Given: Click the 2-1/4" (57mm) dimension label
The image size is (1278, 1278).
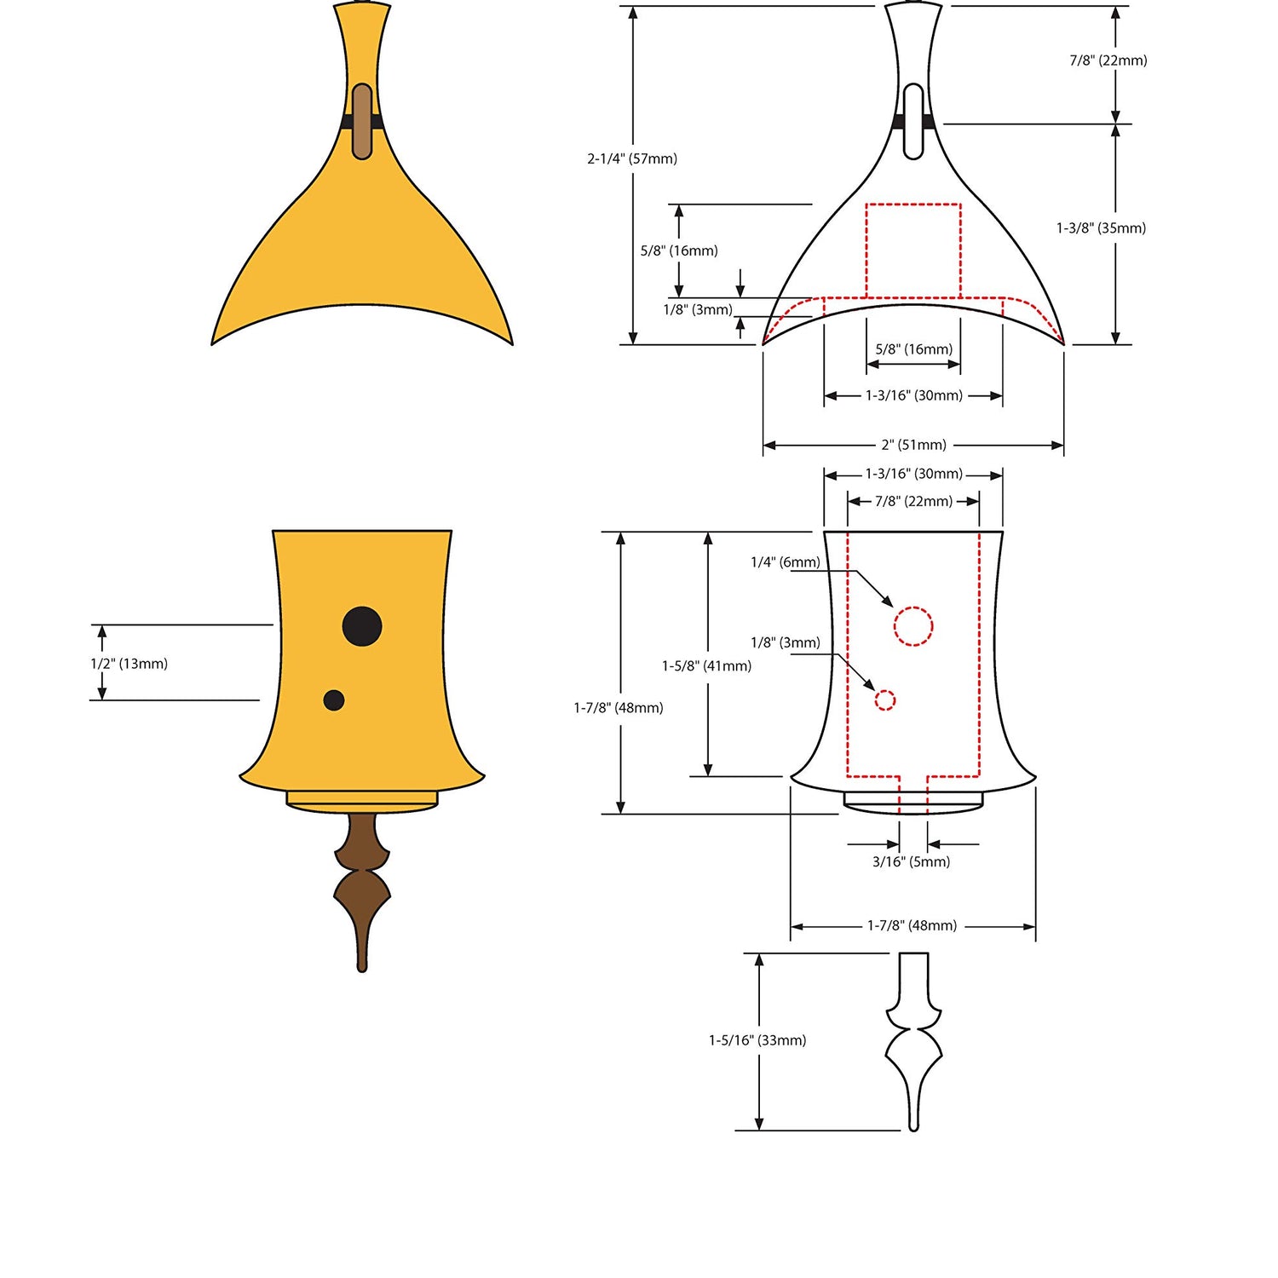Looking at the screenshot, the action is click(x=632, y=158).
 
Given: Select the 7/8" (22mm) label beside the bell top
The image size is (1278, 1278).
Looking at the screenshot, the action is click(x=1108, y=60).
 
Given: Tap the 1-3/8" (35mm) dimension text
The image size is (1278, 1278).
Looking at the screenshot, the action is click(x=1101, y=228).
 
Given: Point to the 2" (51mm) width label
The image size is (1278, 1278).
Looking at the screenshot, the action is click(x=914, y=445).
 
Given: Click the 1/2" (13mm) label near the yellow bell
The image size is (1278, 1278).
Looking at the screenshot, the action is click(x=130, y=664).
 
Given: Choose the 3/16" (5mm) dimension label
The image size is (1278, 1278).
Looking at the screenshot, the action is click(x=911, y=861).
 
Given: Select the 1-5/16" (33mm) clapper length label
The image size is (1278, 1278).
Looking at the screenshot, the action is click(x=757, y=1040).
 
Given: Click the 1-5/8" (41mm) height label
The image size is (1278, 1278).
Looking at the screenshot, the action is click(x=707, y=666).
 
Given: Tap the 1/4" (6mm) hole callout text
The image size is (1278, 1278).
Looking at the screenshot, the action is click(x=786, y=562).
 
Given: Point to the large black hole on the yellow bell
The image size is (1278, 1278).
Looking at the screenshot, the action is click(x=362, y=626).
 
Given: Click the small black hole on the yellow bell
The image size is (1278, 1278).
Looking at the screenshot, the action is click(x=334, y=700).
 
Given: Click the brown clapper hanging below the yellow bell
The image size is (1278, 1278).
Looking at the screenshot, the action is click(x=362, y=890).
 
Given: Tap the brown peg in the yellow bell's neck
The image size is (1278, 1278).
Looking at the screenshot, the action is click(x=362, y=121).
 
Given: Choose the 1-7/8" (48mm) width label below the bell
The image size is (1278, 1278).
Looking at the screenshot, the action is click(x=912, y=925).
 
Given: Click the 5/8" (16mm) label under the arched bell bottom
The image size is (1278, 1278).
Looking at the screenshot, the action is click(x=914, y=349).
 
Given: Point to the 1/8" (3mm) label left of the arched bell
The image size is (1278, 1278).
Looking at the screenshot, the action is click(x=698, y=310).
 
